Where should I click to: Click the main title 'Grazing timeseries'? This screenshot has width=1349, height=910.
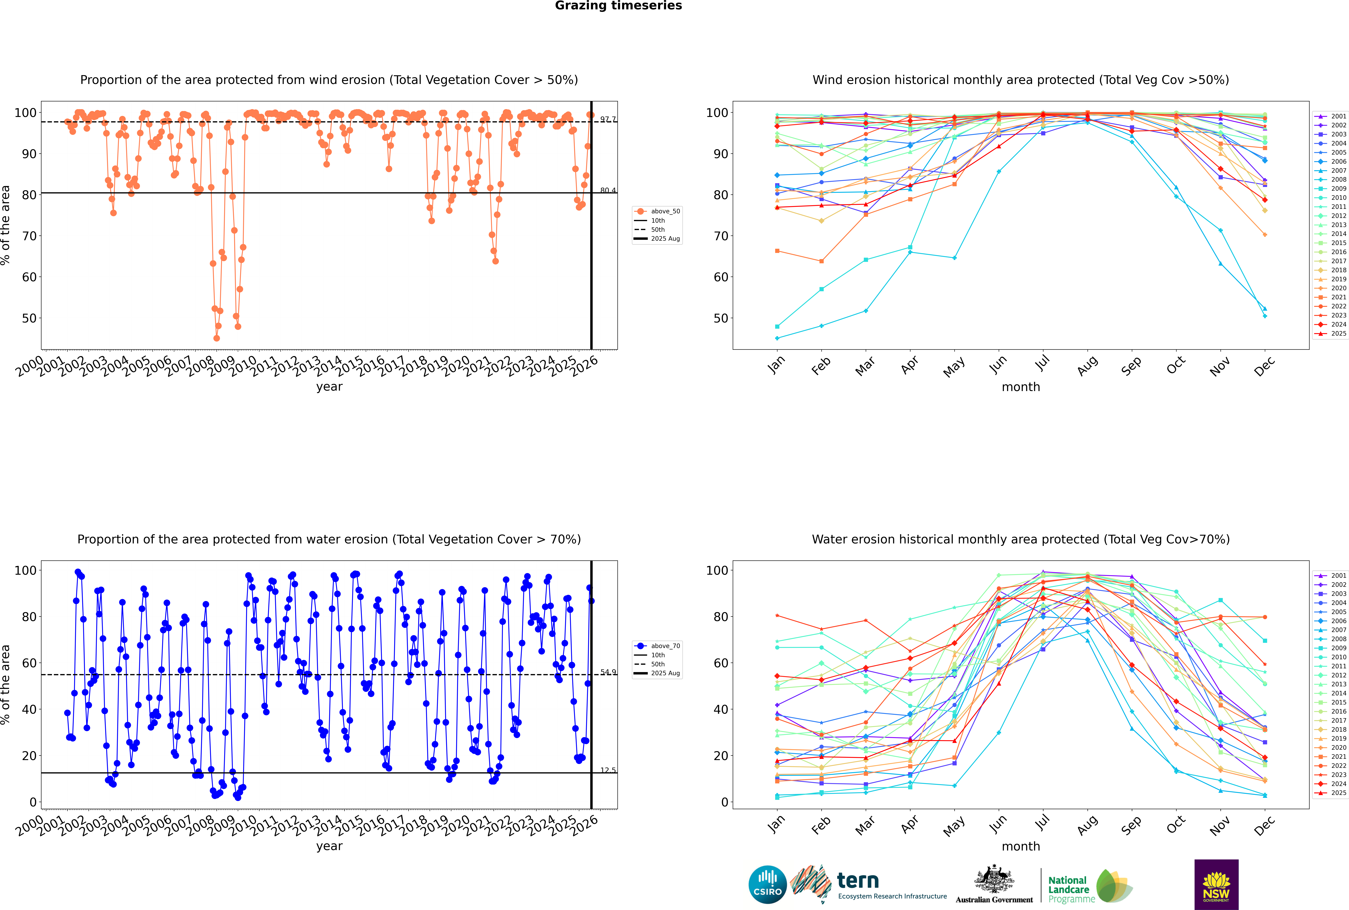point(618,6)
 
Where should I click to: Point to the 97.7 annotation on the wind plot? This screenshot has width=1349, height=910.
point(608,120)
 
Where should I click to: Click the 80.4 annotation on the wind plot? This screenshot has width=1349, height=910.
point(608,190)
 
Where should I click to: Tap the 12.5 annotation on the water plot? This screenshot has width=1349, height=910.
point(608,770)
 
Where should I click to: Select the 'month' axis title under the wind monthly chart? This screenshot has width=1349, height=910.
point(1021,387)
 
